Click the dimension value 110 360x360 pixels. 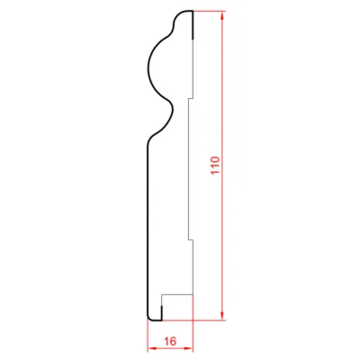(x=216, y=166)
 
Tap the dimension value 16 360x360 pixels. (x=170, y=341)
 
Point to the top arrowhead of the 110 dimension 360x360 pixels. (x=222, y=16)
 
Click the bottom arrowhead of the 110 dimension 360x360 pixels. (x=222, y=315)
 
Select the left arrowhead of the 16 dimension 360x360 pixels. (x=152, y=348)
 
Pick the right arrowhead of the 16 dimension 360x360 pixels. (x=188, y=348)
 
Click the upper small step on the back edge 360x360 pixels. (x=191, y=98)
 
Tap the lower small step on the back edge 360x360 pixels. (x=191, y=239)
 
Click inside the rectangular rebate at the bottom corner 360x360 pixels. (x=177, y=308)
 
